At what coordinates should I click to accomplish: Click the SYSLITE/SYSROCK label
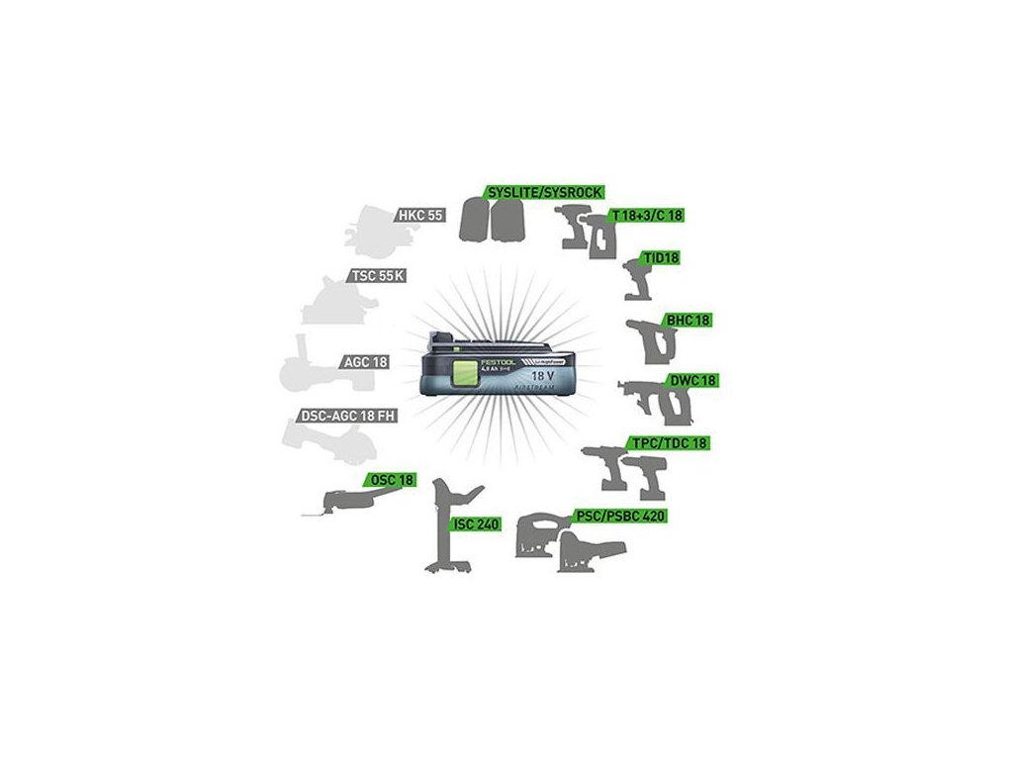tap(544, 191)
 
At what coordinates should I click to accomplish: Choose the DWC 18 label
tap(692, 381)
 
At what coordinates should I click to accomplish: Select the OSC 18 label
tap(392, 480)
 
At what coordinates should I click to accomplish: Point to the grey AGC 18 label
tap(365, 362)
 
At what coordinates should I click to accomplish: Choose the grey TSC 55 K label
tap(377, 275)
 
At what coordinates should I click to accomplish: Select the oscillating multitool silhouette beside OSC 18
tap(341, 500)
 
